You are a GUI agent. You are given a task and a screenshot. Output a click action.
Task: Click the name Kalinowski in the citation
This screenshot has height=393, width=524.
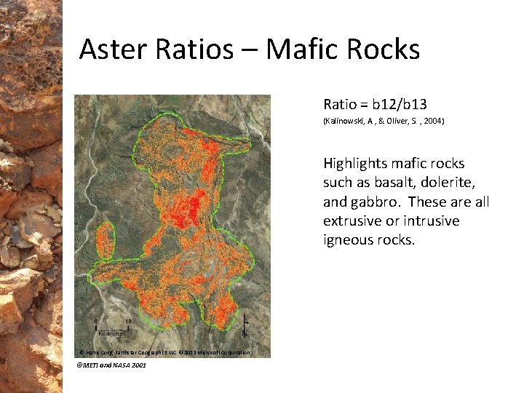(x=349, y=121)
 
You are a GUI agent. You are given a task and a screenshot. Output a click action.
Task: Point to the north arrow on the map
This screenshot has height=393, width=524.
(x=245, y=325)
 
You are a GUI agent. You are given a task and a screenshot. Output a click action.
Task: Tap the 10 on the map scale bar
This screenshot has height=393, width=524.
(x=128, y=321)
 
